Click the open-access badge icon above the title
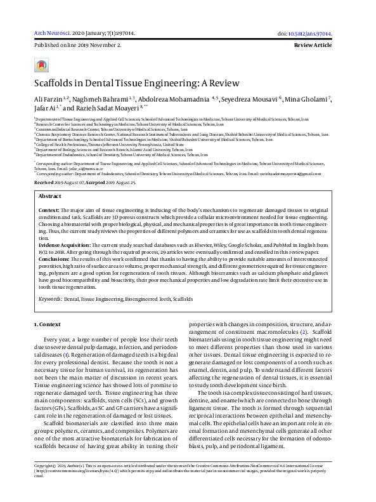pyautogui.click(x=41, y=65)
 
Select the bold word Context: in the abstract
pyautogui.click(x=49, y=191)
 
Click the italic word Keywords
pyautogui.click(x=50, y=298)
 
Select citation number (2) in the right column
pyautogui.click(x=304, y=331)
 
